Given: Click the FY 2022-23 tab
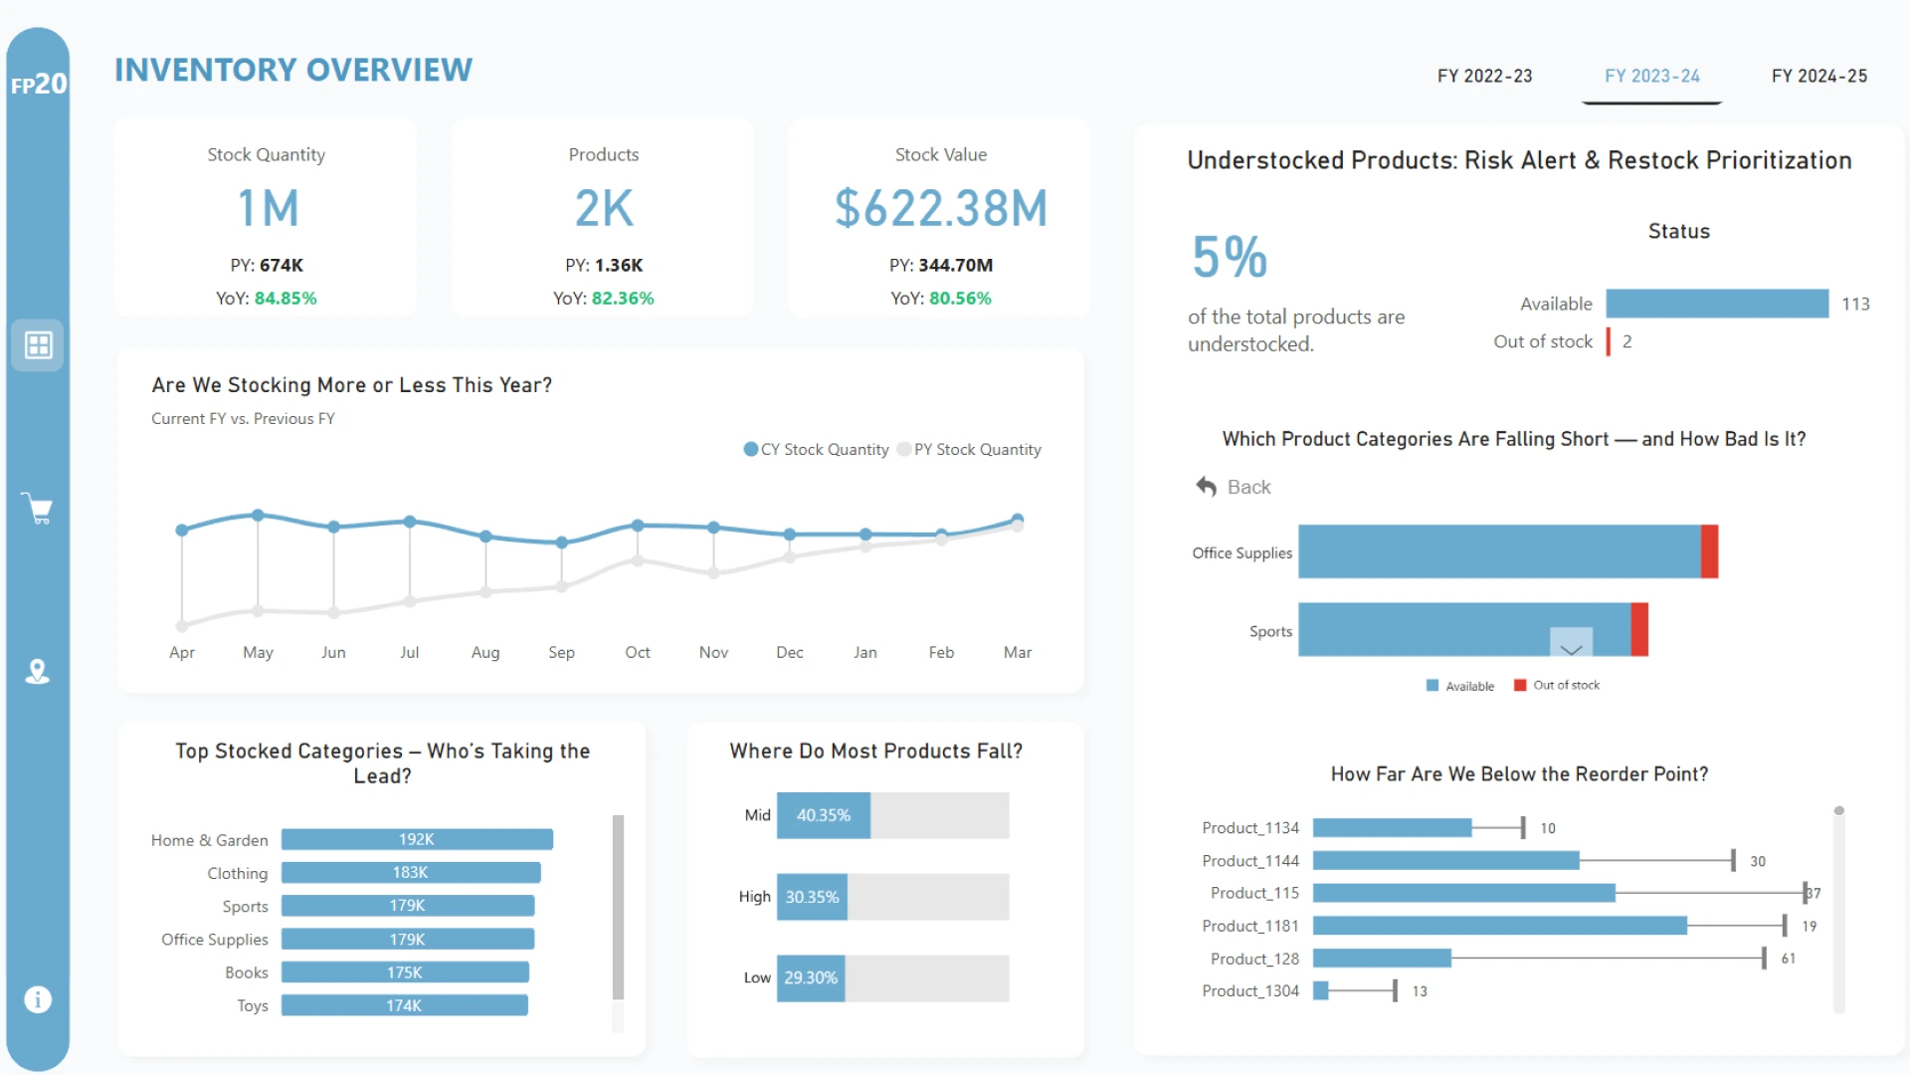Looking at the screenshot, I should tap(1484, 77).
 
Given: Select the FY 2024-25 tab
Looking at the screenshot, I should tap(1818, 77).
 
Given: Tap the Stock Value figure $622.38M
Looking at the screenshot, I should tap(940, 209).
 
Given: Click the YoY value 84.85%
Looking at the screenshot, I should tap(286, 299).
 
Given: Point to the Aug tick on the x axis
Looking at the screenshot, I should tap(485, 653).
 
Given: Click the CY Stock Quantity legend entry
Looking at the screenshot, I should tap(817, 450).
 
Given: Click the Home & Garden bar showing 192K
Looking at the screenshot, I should tap(417, 840).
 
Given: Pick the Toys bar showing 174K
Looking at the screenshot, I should tap(404, 1006).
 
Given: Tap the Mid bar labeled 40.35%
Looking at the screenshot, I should tap(823, 816).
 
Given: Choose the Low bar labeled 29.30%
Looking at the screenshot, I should tap(810, 978).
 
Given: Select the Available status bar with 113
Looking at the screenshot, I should tap(1717, 304).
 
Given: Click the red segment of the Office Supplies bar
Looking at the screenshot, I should tap(1709, 552).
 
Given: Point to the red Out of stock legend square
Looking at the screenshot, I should tap(1520, 686).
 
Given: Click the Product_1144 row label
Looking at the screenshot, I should tap(1250, 861).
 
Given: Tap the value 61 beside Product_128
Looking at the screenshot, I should tap(1788, 959).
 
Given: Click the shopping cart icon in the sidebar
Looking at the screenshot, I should tap(38, 509).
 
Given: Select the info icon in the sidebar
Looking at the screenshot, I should tap(38, 999).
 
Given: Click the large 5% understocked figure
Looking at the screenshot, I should tap(1230, 257).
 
